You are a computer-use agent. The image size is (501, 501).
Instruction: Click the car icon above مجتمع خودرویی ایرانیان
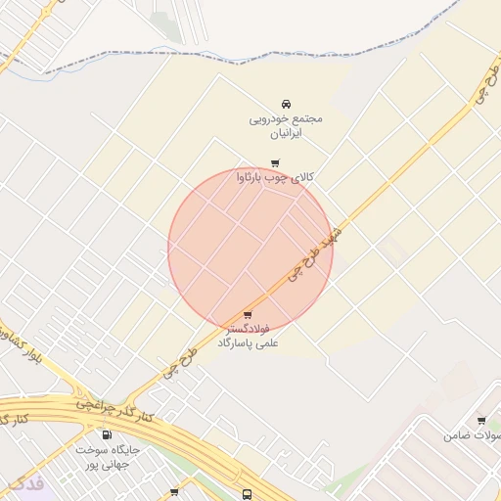click(286, 104)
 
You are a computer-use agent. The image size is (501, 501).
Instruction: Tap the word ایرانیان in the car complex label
click(286, 132)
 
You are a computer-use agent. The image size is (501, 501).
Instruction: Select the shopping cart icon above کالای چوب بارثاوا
click(275, 163)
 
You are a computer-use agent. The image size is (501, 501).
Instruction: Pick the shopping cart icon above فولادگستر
click(247, 315)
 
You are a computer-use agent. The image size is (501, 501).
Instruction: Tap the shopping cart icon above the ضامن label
click(481, 421)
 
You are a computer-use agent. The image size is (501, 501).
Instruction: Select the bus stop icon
click(248, 495)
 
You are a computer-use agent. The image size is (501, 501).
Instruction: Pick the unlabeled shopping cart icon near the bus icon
click(174, 493)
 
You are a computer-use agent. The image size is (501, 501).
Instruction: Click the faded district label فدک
click(23, 483)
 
